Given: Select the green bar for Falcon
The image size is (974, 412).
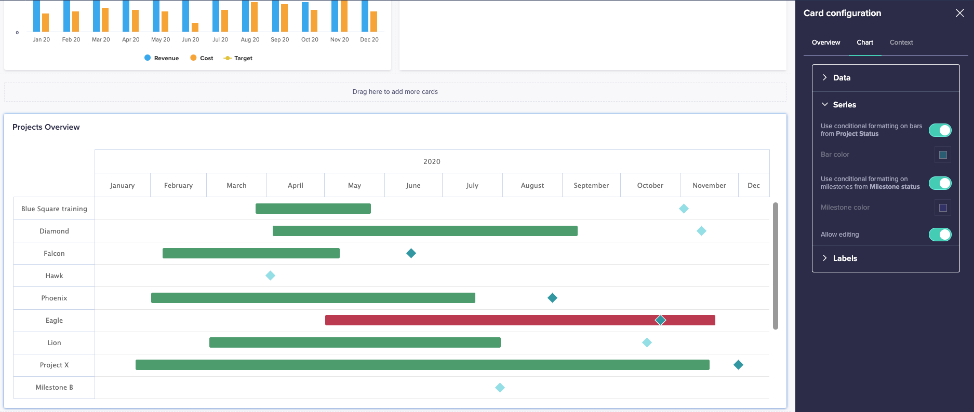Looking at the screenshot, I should [251, 253].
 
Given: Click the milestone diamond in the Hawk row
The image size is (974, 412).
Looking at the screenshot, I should [270, 276].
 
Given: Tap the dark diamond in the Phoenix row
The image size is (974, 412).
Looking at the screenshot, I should [552, 298].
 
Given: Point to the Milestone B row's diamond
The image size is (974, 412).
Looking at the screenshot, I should [500, 388].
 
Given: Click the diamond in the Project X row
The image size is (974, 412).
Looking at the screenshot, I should [738, 365].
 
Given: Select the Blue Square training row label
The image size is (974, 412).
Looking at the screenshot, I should [54, 209].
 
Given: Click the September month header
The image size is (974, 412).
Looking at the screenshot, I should [591, 185].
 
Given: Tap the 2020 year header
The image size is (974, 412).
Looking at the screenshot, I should [432, 161].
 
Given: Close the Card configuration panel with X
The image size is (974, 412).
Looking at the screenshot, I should [959, 13].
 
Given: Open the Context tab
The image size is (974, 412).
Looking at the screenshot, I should [901, 43].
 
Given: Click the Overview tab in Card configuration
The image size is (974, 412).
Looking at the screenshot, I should [825, 43].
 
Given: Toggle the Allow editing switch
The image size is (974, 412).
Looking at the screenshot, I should [940, 235].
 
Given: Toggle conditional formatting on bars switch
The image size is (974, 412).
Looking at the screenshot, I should [940, 130].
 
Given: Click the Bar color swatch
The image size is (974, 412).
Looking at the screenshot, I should [943, 155].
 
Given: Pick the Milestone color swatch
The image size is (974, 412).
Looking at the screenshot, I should [943, 208].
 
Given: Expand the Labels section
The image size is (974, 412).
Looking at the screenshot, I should [845, 258].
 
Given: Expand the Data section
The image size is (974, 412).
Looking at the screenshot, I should [842, 78].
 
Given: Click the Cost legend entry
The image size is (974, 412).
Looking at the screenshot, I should [202, 58].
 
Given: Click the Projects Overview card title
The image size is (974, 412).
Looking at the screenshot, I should [46, 127].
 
